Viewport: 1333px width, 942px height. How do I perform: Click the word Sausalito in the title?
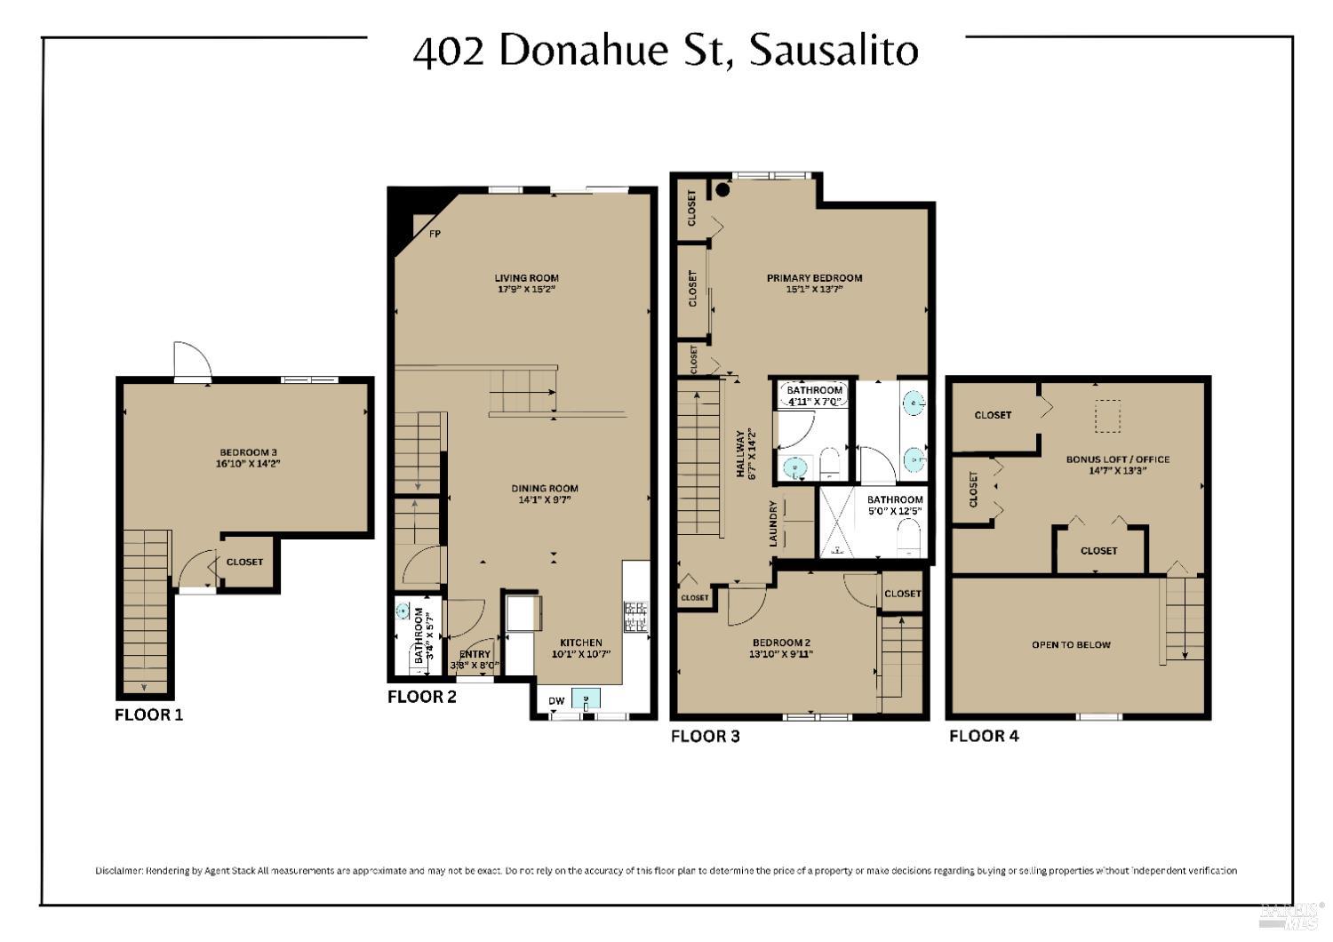(x=834, y=51)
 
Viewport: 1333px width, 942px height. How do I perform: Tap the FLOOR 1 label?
(x=149, y=714)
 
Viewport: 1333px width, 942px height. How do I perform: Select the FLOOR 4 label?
(x=984, y=736)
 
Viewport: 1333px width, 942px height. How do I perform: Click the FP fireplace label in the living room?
(x=435, y=235)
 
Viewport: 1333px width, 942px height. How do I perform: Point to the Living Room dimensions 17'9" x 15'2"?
(x=526, y=290)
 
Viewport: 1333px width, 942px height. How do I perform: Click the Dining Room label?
(x=544, y=488)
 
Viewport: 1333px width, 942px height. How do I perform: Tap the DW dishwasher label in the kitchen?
(x=556, y=701)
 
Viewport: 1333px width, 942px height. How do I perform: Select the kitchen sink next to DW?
(x=585, y=699)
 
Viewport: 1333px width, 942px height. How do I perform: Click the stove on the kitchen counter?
(x=636, y=617)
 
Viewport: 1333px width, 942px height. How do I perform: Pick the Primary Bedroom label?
(x=814, y=278)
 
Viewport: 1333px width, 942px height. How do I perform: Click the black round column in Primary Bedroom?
(x=722, y=189)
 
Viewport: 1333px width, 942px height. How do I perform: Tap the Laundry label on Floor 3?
(x=773, y=523)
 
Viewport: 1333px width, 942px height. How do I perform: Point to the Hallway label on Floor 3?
(x=740, y=454)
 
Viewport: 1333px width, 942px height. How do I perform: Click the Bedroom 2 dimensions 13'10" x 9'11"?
(x=781, y=654)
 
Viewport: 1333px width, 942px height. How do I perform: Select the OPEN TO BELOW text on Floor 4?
(x=1071, y=645)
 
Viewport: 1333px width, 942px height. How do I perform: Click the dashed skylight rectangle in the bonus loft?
(x=1107, y=416)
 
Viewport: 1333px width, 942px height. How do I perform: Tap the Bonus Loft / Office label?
(x=1118, y=459)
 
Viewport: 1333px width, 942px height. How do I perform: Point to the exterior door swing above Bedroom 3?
(x=192, y=361)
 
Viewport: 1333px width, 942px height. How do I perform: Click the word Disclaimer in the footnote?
(x=118, y=871)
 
